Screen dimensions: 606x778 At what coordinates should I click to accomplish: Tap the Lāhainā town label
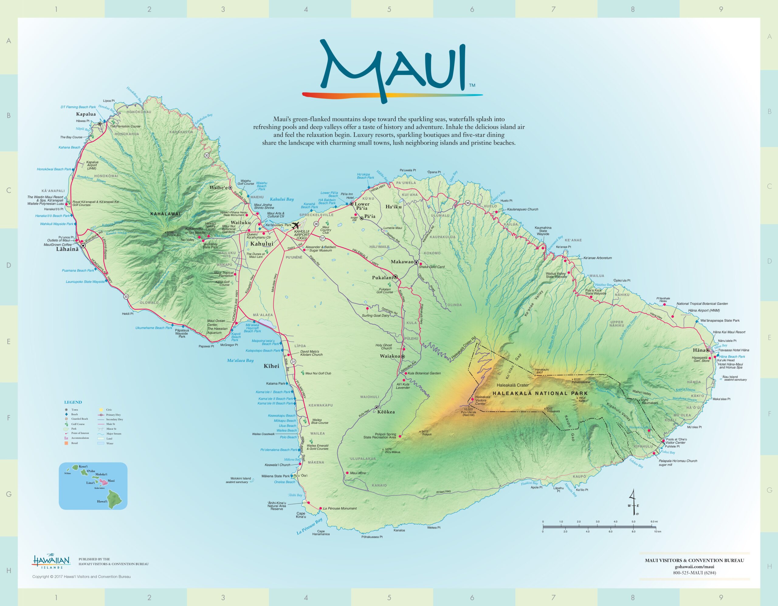pos(67,249)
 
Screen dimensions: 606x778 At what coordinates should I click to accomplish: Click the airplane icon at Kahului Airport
pos(296,225)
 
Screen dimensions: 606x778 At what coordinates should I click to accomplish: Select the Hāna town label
pos(699,350)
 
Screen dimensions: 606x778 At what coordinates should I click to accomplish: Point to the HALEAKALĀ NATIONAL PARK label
pos(540,393)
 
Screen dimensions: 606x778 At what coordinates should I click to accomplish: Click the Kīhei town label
pos(271,366)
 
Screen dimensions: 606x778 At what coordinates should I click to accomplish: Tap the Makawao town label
pos(402,262)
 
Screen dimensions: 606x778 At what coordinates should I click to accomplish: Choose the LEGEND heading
pos(73,402)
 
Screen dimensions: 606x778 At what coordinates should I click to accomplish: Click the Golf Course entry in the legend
pos(78,424)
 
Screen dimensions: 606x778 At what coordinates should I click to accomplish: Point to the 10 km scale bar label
pos(657,532)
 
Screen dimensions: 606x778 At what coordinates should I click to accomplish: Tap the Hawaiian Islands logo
pos(52,561)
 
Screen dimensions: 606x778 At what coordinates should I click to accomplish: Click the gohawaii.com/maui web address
pos(694,567)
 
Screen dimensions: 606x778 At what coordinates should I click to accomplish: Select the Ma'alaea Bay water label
pos(240,360)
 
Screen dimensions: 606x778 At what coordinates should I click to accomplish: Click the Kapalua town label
pos(86,114)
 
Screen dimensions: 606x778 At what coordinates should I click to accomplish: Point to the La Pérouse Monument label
pos(339,508)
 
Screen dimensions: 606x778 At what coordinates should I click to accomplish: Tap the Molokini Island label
pos(240,478)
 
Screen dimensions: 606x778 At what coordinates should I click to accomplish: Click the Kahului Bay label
pos(282,199)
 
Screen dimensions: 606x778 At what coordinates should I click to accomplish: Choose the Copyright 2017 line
pos(81,577)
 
